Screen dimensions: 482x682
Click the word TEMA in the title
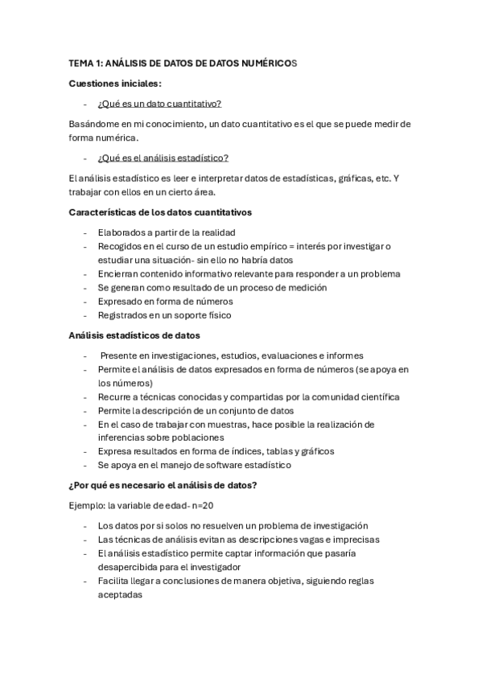81,62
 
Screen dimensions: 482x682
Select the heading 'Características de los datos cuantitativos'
161,212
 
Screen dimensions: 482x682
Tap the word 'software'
228,465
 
